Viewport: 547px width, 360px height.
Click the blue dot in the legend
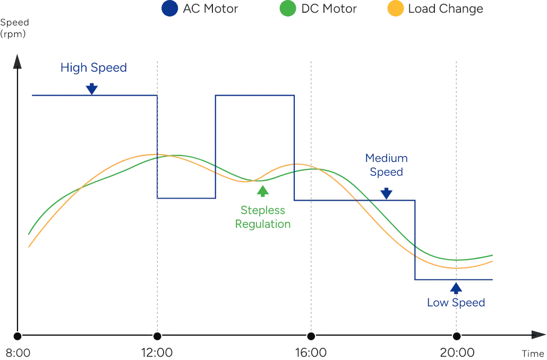(x=170, y=8)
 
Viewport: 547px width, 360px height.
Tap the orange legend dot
(x=396, y=8)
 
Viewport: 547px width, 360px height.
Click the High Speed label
(x=93, y=68)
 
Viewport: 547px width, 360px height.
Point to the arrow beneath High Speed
(x=92, y=88)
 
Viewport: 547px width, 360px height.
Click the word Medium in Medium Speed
(x=387, y=159)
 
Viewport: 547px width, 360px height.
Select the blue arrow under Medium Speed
(x=387, y=193)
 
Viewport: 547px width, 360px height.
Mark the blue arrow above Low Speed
(x=456, y=288)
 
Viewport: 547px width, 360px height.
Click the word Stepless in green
(x=263, y=211)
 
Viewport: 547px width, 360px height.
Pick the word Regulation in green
(x=263, y=224)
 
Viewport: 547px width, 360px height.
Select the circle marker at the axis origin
(x=18, y=336)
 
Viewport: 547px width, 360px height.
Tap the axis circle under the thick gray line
(x=157, y=336)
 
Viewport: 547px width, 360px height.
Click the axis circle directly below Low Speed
(x=456, y=336)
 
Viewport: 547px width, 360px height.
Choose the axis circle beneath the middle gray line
(x=311, y=336)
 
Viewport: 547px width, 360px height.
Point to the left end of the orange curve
(x=28, y=248)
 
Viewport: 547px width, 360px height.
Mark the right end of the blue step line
(x=492, y=278)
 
